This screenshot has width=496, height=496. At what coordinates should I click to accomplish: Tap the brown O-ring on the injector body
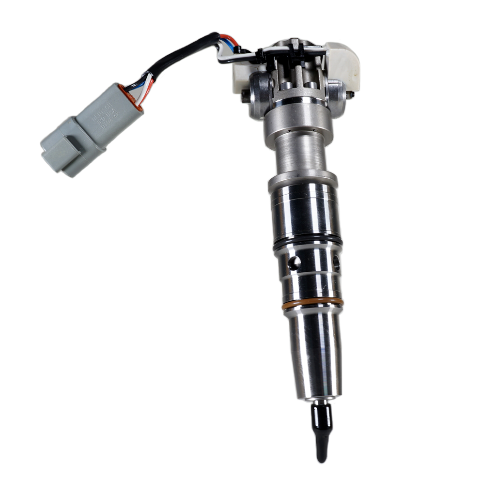tap(313, 304)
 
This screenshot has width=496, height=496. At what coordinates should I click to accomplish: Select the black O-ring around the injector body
tap(307, 241)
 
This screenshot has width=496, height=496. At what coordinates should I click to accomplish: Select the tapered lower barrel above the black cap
tap(316, 354)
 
